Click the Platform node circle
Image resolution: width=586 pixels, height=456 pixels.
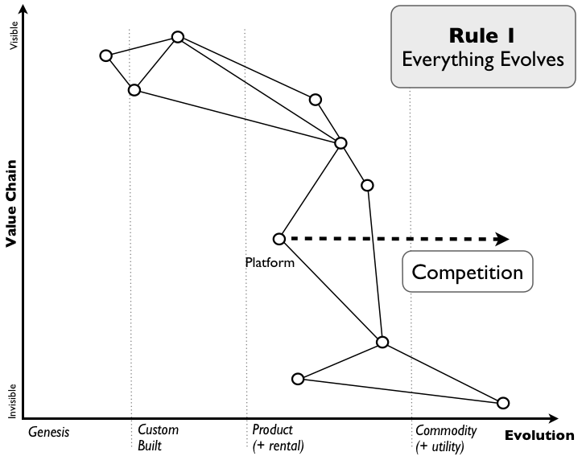[x=279, y=239]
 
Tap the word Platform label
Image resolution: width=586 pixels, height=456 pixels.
[x=269, y=261]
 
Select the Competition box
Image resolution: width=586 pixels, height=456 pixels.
[x=467, y=272]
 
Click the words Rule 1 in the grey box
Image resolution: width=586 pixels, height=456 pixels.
[x=482, y=36]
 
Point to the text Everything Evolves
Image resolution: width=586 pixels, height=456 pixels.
[x=482, y=60]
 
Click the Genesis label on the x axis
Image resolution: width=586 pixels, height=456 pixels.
[x=49, y=432]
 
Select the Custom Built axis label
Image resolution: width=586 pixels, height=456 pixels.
[x=158, y=438]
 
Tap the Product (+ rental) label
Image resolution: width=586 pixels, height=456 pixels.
[x=278, y=438]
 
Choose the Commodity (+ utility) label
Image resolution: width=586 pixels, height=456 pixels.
[x=446, y=438]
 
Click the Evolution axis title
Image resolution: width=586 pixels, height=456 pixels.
[x=539, y=435]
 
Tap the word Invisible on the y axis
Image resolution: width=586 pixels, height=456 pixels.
[x=12, y=400]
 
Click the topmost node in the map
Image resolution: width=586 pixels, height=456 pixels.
[x=178, y=37]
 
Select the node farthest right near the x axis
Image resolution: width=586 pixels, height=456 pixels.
[x=503, y=403]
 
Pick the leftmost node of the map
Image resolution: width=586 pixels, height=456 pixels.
[x=105, y=55]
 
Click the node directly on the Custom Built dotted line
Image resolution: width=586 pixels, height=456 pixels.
[x=134, y=89]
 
